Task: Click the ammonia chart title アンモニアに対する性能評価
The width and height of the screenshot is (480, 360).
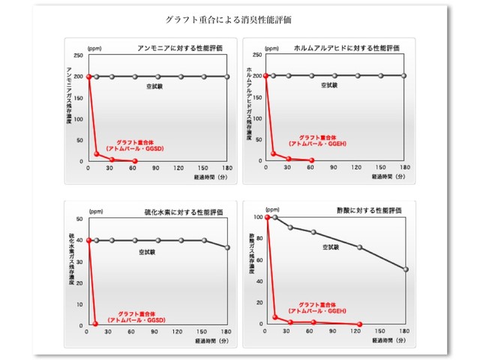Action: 181,48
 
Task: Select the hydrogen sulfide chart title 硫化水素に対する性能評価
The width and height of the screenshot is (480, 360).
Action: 181,212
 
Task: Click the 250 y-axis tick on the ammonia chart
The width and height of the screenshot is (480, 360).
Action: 79,55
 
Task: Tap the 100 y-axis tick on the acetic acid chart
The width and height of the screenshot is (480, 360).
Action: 258,217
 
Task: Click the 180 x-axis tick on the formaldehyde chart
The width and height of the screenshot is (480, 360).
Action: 404,168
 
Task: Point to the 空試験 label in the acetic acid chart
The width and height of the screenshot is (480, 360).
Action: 331,246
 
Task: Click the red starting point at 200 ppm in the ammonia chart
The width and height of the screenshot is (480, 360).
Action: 88,76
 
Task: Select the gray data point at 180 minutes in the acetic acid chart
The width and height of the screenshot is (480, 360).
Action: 406,269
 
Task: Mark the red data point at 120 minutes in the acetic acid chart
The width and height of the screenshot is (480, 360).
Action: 360,324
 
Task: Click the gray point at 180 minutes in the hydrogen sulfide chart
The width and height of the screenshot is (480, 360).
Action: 227,247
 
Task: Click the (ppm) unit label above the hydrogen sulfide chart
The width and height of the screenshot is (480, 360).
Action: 96,212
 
